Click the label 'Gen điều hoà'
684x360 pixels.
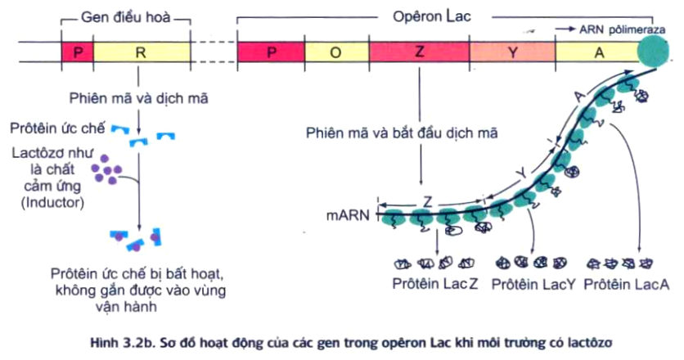tap(126, 16)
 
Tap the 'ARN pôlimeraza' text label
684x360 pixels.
tap(614, 28)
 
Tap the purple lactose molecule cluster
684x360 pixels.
tap(107, 169)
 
